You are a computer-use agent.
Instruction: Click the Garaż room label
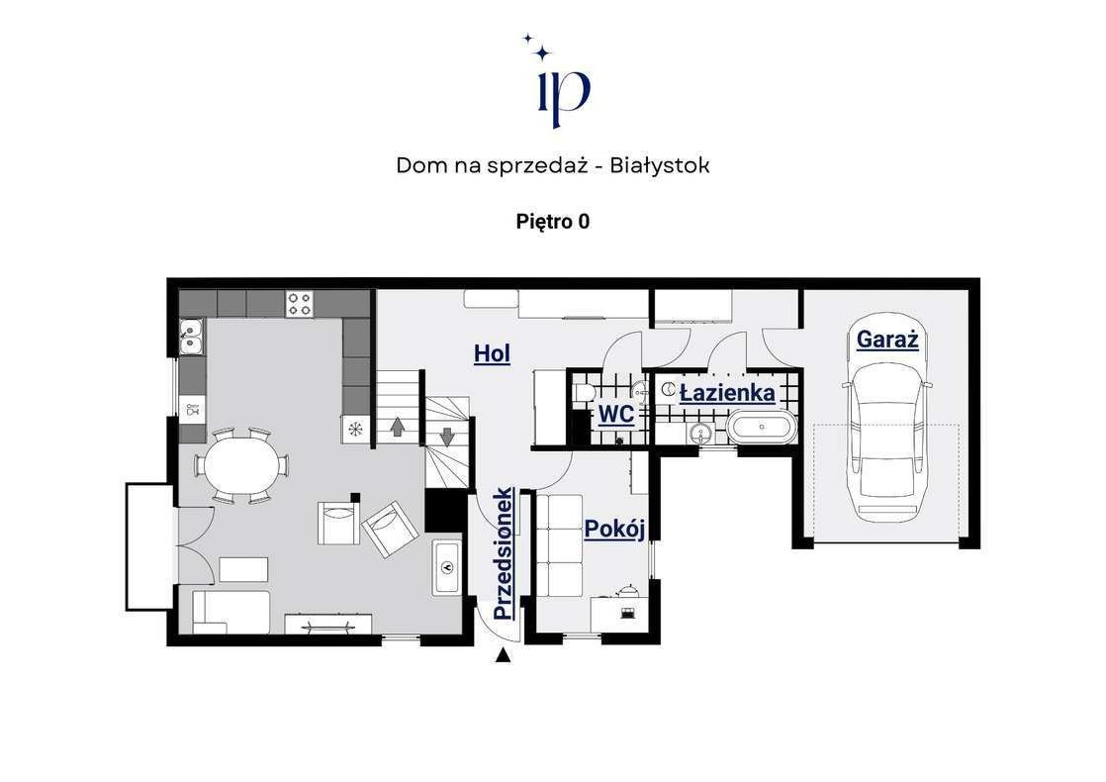pyautogui.click(x=887, y=340)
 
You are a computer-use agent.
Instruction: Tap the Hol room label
pyautogui.click(x=492, y=353)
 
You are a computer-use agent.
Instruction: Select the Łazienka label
pyautogui.click(x=726, y=392)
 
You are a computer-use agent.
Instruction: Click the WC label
pyautogui.click(x=615, y=415)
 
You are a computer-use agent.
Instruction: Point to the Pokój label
pyautogui.click(x=615, y=529)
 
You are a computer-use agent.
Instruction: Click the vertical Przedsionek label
pyautogui.click(x=504, y=553)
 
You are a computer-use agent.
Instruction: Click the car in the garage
pyautogui.click(x=886, y=442)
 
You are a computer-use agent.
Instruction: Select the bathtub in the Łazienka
pyautogui.click(x=762, y=429)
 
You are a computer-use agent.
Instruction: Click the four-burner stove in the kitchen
pyautogui.click(x=299, y=304)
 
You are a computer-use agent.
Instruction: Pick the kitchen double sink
pyautogui.click(x=191, y=336)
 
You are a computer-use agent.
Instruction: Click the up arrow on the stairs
pyautogui.click(x=397, y=427)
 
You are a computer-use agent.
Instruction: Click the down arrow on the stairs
pyautogui.click(x=447, y=437)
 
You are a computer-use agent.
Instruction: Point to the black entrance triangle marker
pyautogui.click(x=503, y=655)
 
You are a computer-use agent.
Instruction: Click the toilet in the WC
pyautogui.click(x=584, y=392)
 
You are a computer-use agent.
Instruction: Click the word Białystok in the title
pyautogui.click(x=660, y=166)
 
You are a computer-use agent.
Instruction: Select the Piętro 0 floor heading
pyautogui.click(x=553, y=222)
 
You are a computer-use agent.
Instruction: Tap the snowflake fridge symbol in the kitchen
pyautogui.click(x=355, y=429)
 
